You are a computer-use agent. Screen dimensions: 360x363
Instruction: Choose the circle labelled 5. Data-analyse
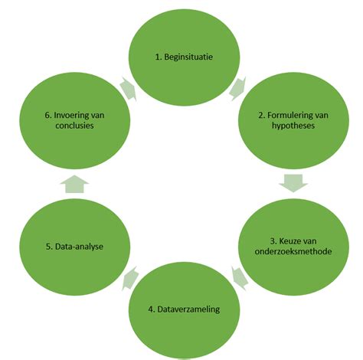pyautogui.click(x=74, y=246)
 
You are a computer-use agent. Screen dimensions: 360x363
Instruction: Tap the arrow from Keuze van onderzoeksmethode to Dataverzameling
pyautogui.click(x=238, y=277)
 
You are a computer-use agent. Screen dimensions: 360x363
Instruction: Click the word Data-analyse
pyautogui.click(x=80, y=246)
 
